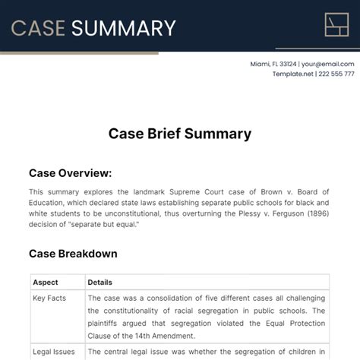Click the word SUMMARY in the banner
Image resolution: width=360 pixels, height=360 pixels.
[123, 28]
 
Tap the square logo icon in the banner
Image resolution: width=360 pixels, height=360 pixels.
[336, 25]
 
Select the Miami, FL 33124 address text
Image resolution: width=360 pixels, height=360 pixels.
[273, 64]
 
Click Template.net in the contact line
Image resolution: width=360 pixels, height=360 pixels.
[293, 74]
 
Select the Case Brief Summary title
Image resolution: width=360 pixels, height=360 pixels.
[179, 134]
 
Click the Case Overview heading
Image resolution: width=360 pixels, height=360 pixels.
[70, 172]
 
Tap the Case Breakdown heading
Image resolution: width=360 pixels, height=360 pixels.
[73, 254]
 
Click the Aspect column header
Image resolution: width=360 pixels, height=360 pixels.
[45, 283]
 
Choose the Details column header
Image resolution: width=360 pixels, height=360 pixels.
[100, 283]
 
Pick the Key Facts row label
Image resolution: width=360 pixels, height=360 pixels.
[49, 298]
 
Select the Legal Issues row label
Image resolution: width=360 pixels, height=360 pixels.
[52, 352]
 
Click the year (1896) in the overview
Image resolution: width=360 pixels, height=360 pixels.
[315, 214]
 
